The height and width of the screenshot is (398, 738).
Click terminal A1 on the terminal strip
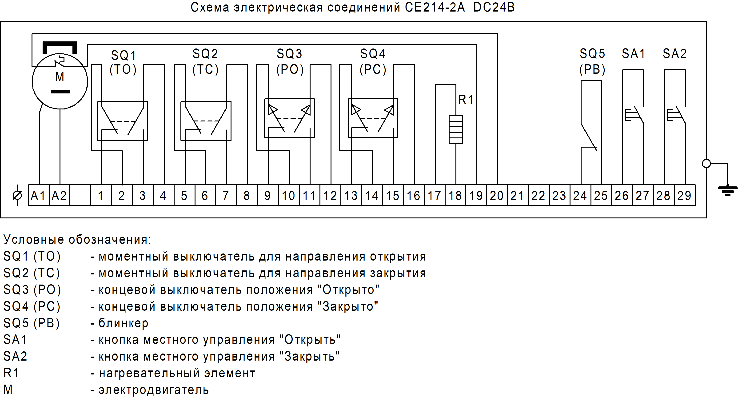pyautogui.click(x=38, y=195)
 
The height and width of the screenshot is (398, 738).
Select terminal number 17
pyautogui.click(x=434, y=195)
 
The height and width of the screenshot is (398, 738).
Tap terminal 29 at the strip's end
pyautogui.click(x=684, y=195)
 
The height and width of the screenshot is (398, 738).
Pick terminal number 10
pyautogui.click(x=288, y=195)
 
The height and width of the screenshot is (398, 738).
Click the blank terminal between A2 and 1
pyautogui.click(x=80, y=195)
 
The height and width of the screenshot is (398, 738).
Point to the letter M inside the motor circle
pyautogui.click(x=60, y=77)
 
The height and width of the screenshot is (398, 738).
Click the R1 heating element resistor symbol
pyautogui.click(x=456, y=129)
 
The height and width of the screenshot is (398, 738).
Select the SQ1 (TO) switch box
pyautogui.click(x=123, y=121)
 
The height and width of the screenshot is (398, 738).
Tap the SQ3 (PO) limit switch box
pyautogui.click(x=289, y=118)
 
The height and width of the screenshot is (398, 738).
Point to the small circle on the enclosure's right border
pyautogui.click(x=706, y=164)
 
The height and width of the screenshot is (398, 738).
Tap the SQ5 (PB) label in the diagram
pyautogui.click(x=592, y=61)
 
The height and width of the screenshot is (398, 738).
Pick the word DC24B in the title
pyautogui.click(x=494, y=8)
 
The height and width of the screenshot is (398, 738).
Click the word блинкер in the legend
pyautogui.click(x=124, y=323)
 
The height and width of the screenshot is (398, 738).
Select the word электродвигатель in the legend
pyautogui.click(x=154, y=390)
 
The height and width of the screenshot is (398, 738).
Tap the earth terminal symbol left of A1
pyautogui.click(x=17, y=195)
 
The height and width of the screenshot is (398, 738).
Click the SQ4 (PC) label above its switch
pyautogui.click(x=373, y=61)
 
